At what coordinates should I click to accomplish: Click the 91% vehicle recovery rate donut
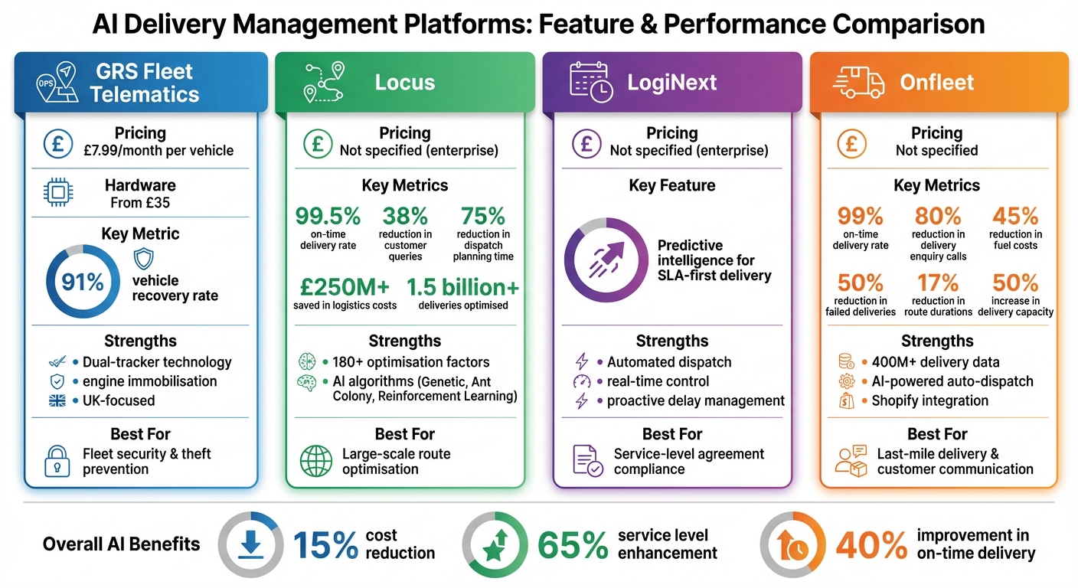[x=83, y=282]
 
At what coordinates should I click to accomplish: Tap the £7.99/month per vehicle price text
[x=158, y=150]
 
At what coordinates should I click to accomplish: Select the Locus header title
[x=404, y=82]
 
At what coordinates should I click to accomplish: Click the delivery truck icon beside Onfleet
[x=857, y=81]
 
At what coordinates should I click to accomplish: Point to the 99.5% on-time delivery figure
[x=328, y=217]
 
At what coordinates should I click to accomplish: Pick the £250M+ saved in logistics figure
[x=345, y=287]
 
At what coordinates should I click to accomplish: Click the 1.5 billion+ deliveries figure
[x=462, y=287]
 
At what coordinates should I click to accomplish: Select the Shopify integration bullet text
[x=929, y=400]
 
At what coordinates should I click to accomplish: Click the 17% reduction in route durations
[x=938, y=283]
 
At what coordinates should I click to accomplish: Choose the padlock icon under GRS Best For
[x=58, y=461]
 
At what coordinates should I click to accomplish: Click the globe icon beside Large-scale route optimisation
[x=315, y=461]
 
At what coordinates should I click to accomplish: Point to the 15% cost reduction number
[x=325, y=545]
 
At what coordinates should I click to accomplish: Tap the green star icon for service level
[x=495, y=545]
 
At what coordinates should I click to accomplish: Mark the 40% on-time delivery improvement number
[x=871, y=545]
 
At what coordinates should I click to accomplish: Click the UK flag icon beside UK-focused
[x=57, y=400]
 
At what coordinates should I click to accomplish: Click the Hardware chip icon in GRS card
[x=58, y=193]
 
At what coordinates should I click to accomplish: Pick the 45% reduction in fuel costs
[x=1015, y=217]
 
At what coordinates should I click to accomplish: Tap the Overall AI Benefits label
[x=121, y=544]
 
